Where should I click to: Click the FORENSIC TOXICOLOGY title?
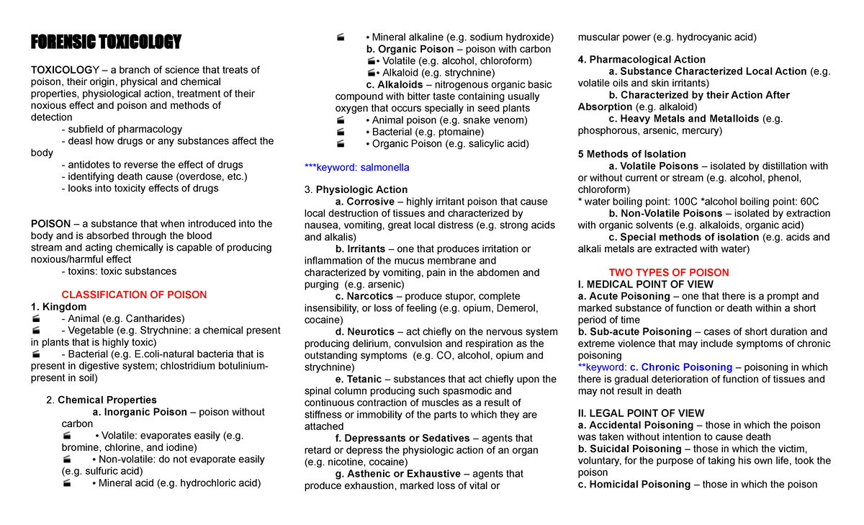[x=105, y=41]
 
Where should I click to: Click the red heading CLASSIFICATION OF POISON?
[x=134, y=295]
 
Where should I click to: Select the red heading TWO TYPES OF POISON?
[x=669, y=272]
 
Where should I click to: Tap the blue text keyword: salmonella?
[x=357, y=167]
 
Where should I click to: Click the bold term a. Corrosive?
[x=365, y=202]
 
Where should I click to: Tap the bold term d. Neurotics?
[x=364, y=331]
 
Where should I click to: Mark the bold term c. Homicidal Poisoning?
[x=634, y=484]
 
